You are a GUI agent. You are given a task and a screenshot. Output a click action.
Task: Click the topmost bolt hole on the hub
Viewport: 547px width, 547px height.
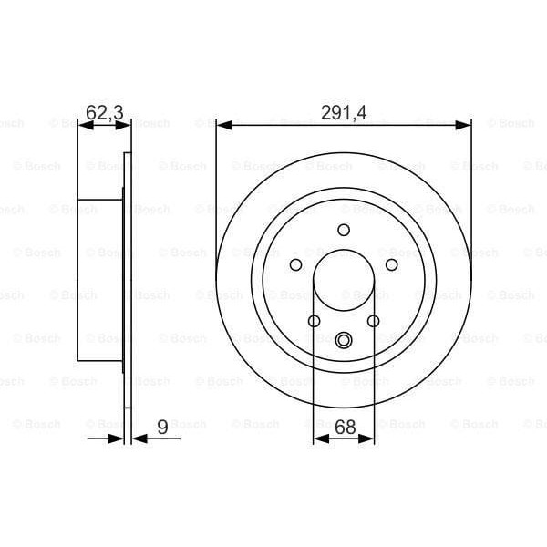pyautogui.click(x=344, y=230)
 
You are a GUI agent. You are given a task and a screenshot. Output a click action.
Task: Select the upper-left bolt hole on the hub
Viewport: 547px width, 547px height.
pyautogui.click(x=295, y=264)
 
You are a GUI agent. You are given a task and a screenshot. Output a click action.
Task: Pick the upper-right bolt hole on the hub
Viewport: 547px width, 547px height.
pyautogui.click(x=392, y=264)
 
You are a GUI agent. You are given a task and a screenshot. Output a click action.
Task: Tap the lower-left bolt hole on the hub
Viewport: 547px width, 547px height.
pyautogui.click(x=314, y=321)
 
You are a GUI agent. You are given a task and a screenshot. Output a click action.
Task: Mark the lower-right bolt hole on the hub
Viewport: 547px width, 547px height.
pyautogui.click(x=373, y=321)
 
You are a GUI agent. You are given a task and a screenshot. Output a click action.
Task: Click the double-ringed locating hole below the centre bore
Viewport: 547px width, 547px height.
pyautogui.click(x=344, y=341)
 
